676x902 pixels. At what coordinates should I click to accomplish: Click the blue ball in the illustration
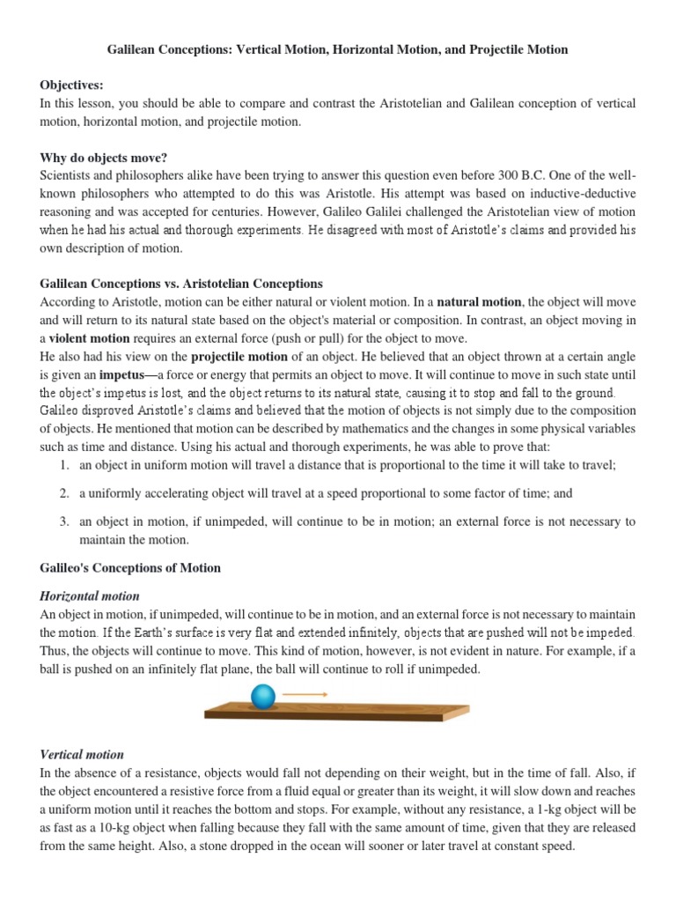click(x=262, y=697)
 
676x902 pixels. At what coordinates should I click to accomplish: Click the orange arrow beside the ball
click(x=305, y=695)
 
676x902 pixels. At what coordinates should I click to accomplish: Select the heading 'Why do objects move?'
click(x=104, y=158)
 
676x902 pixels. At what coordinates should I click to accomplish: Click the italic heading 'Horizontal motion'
click(x=90, y=596)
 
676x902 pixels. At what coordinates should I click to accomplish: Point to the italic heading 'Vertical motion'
click(x=82, y=755)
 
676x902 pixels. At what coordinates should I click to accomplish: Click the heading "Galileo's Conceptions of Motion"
click(x=130, y=568)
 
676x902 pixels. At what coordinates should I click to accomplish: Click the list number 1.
click(x=64, y=465)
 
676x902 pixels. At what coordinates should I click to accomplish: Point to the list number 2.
click(x=64, y=493)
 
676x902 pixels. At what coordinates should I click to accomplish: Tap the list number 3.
click(x=64, y=521)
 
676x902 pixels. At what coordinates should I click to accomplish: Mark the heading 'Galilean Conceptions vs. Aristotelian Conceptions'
click(x=181, y=284)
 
